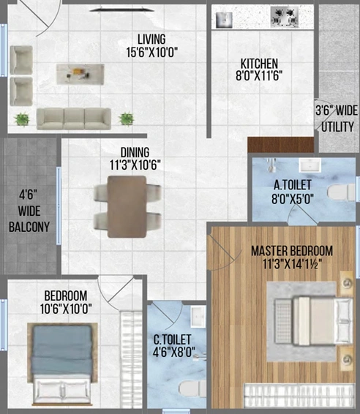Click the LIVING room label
tap(151, 39)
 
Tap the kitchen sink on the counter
tap(224, 20)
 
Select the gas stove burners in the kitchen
tap(285, 17)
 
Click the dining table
tap(127, 207)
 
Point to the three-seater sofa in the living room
tap(74, 118)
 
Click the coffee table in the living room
tap(80, 74)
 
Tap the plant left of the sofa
tap(22, 119)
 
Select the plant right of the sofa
tap(127, 118)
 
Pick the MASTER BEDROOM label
tap(292, 251)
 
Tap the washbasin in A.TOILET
tap(310, 165)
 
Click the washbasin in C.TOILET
tap(198, 317)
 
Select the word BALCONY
tap(29, 227)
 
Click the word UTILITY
tap(337, 127)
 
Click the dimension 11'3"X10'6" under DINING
tap(135, 165)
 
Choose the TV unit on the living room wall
tap(121, 10)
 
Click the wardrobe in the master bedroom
tap(299, 395)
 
